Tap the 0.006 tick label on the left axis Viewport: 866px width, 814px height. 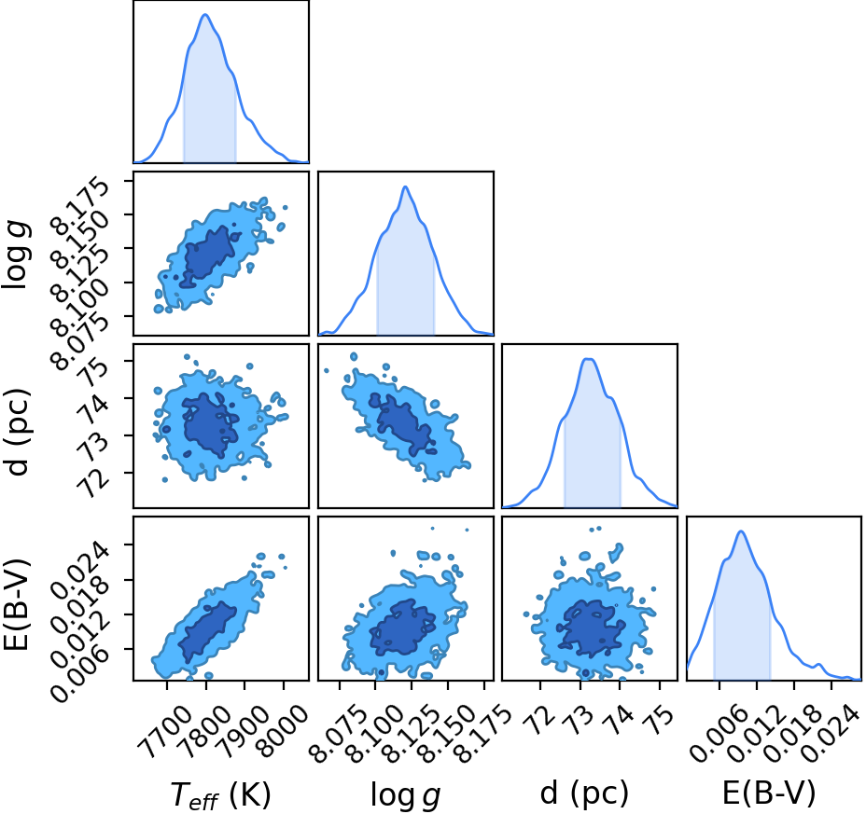(x=77, y=674)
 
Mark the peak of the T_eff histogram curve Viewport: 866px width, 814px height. (x=205, y=14)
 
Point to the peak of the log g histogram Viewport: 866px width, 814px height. (x=405, y=186)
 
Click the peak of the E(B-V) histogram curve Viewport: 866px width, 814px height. (x=741, y=531)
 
